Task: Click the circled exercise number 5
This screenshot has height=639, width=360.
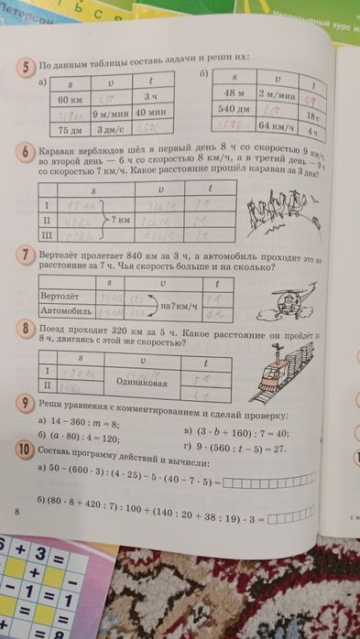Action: pos(30,67)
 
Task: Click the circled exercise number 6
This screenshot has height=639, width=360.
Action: pos(29,152)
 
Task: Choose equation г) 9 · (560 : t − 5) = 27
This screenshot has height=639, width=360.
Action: pos(236,449)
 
